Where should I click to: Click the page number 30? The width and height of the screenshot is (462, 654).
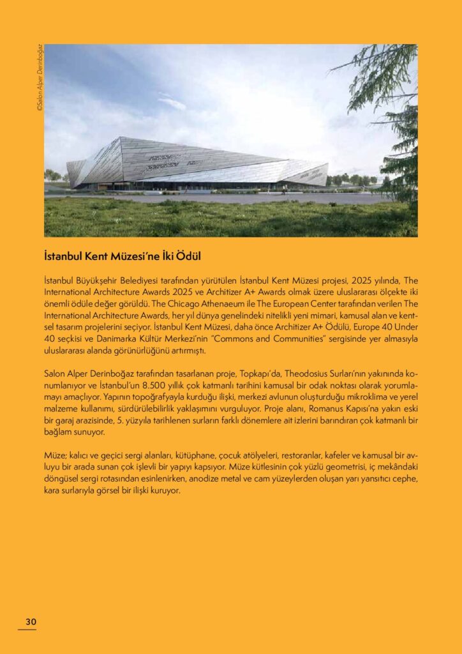31,621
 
